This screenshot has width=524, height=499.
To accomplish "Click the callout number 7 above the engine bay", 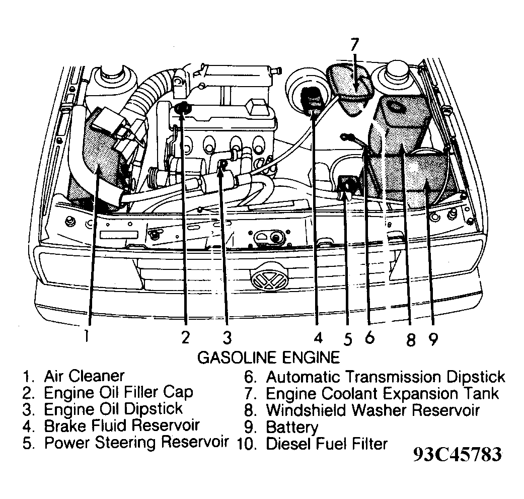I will coord(354,45).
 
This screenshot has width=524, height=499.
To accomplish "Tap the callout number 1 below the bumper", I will coord(87,335).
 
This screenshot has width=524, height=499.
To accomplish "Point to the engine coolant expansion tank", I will coord(354,88).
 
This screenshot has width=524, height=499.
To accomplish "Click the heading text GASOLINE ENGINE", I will coord(268,358).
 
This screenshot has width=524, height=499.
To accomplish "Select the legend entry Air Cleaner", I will coord(84,376).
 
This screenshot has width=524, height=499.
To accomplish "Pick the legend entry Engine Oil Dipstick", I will coord(113,409).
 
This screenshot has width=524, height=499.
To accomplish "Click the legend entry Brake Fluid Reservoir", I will coord(122,426).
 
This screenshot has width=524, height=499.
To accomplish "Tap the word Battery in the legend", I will coord(292,427).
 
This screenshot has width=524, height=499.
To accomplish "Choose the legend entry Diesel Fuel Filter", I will coord(327,444).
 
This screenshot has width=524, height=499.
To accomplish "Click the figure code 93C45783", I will coord(457,455).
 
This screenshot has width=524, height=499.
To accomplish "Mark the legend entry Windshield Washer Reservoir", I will coord(372,410).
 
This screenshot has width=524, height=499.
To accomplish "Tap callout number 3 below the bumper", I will coord(227,336).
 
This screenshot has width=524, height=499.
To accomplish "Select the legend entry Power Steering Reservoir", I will coord(136,443).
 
